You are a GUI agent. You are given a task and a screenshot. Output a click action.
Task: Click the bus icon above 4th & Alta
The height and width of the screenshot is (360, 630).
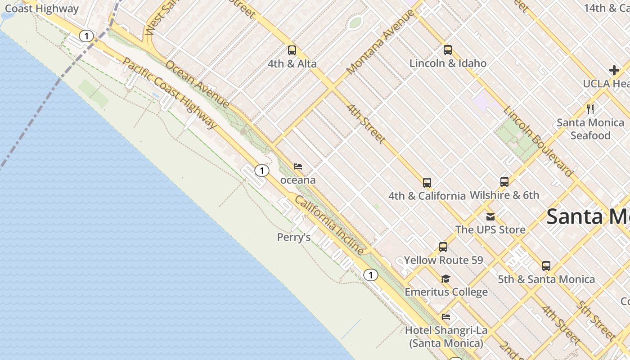(x=292, y=50)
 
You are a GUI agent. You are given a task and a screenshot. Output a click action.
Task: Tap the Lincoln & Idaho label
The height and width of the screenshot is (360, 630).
(x=448, y=63)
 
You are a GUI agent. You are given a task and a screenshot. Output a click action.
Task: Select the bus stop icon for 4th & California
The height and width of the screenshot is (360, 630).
(x=427, y=183)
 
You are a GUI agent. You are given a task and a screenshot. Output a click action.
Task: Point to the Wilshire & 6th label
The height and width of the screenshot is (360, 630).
(x=504, y=195)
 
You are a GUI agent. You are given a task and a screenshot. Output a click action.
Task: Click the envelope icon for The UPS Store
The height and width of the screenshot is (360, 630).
(x=490, y=217)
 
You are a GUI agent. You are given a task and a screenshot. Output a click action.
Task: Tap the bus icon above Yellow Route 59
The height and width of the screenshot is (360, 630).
(x=443, y=247)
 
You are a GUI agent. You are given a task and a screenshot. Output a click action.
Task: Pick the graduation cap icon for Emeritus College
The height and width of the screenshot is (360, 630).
(x=445, y=279)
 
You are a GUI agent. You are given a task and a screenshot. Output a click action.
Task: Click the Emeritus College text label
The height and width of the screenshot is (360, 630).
(x=446, y=292)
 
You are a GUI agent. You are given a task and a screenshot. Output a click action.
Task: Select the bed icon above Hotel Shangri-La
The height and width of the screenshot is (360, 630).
(x=446, y=317)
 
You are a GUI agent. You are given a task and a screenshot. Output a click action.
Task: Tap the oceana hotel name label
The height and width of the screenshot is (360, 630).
(x=298, y=180)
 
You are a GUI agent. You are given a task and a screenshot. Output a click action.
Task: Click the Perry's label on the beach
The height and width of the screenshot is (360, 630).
(x=294, y=237)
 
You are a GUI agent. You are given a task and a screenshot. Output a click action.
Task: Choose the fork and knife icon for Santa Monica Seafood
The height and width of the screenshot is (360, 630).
(x=590, y=109)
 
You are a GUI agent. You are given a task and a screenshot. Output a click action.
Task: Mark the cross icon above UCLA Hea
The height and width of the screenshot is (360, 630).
(x=614, y=70)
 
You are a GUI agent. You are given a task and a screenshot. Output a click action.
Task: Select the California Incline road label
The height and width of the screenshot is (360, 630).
(x=329, y=225)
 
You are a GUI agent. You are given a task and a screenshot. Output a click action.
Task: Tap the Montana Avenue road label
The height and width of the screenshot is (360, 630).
(x=381, y=42)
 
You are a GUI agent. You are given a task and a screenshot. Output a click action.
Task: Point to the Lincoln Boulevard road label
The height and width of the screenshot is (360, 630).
(x=538, y=142)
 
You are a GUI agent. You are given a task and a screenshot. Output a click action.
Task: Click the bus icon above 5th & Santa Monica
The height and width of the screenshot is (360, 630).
(x=546, y=266)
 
